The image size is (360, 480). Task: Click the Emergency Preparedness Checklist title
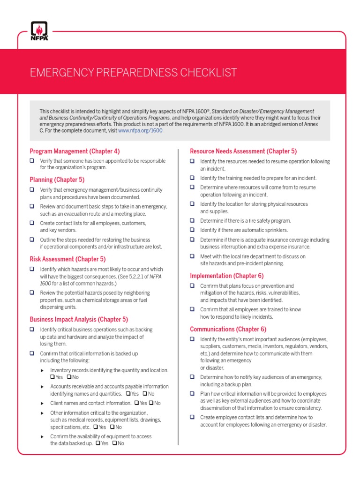(x=133, y=73)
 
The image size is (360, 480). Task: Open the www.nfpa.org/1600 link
(x=140, y=131)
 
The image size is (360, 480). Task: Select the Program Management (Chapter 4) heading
(x=75, y=151)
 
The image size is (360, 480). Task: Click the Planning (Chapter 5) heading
(x=57, y=180)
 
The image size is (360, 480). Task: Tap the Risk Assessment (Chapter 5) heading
(x=67, y=259)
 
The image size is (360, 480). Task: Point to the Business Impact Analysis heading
(x=79, y=319)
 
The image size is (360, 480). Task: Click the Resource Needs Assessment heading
(x=243, y=151)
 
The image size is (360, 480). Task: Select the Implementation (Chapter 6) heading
(x=226, y=276)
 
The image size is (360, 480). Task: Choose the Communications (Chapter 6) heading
(x=228, y=329)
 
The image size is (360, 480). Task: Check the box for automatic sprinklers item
(x=192, y=230)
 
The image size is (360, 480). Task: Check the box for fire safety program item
(x=192, y=220)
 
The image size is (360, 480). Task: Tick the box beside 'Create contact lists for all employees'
(x=32, y=223)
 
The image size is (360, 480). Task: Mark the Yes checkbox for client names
(x=136, y=403)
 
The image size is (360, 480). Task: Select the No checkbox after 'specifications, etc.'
(x=112, y=427)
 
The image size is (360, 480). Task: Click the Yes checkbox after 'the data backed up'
(x=98, y=443)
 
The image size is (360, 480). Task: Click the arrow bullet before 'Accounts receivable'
(x=43, y=387)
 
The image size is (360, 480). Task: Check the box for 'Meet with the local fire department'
(x=192, y=256)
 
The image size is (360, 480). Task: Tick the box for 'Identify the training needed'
(x=192, y=178)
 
